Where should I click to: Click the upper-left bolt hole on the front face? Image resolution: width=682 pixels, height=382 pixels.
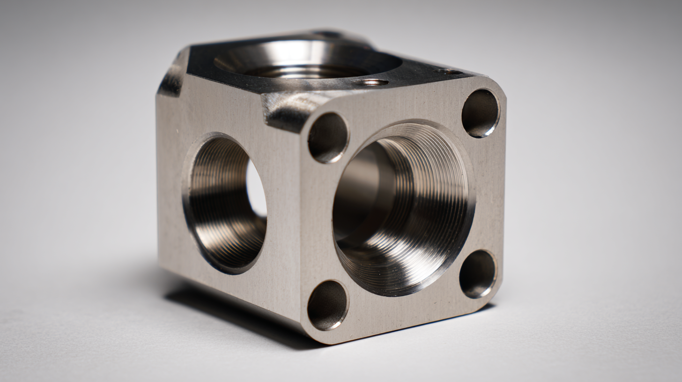tap(328, 138)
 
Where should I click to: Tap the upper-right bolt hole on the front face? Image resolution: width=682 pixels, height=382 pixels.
tap(481, 113)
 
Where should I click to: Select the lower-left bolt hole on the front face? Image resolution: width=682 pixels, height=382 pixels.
tap(327, 305)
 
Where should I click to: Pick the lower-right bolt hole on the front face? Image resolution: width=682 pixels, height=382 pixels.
tap(478, 274)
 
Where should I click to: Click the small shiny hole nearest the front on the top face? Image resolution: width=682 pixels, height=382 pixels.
tap(371, 82)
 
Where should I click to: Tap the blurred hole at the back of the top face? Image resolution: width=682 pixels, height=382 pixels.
tap(328, 34)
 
